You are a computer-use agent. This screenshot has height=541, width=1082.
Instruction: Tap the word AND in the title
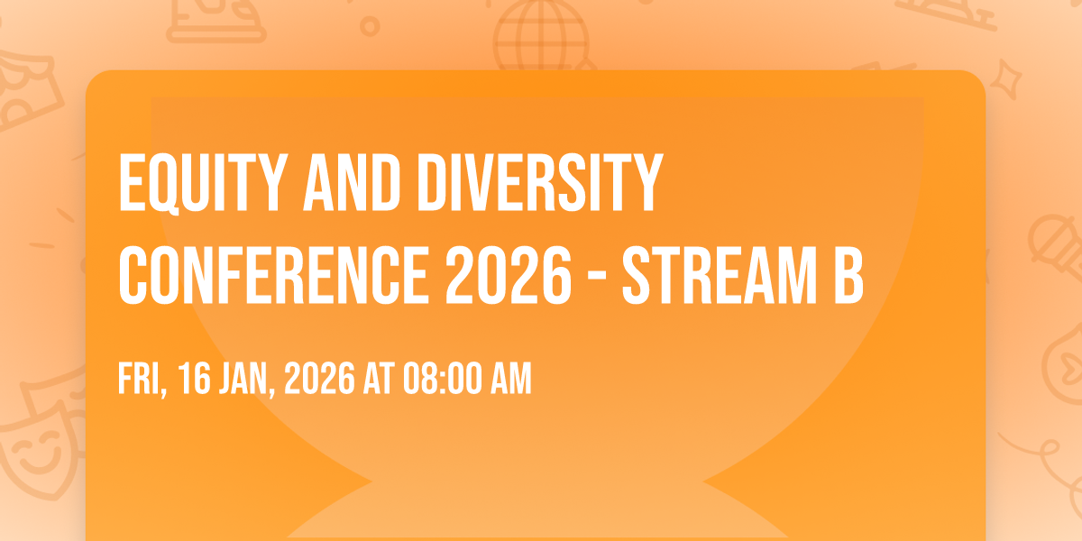tap(351, 183)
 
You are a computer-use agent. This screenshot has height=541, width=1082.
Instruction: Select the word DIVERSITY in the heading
tap(539, 183)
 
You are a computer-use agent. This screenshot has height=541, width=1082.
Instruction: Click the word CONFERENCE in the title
tap(274, 275)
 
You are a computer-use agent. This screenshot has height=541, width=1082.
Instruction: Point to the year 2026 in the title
tap(509, 275)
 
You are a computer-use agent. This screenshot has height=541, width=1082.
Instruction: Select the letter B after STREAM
tap(849, 275)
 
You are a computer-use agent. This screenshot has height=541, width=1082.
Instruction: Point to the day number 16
tap(194, 379)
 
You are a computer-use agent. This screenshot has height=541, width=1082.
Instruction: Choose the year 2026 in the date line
tap(319, 379)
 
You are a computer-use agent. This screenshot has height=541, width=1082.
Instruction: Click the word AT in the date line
tap(379, 379)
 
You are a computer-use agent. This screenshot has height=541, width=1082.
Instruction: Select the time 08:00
tap(443, 379)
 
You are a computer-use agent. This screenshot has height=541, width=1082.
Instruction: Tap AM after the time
tap(511, 379)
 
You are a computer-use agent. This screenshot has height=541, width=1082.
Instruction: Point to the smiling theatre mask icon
tap(40, 450)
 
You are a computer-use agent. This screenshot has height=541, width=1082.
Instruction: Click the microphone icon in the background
tap(1056, 246)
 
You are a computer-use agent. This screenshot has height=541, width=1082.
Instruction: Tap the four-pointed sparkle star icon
tap(1005, 79)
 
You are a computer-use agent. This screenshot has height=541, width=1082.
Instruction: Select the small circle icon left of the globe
tap(370, 26)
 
